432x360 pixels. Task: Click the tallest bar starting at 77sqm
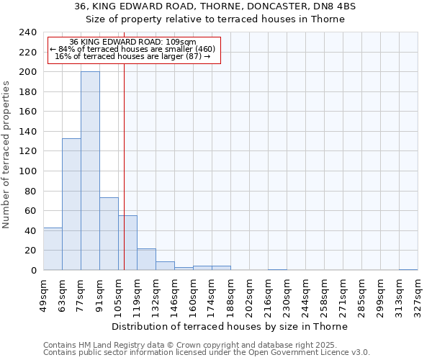pyautogui.click(x=90, y=171)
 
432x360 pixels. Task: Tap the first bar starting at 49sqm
pyautogui.click(x=53, y=248)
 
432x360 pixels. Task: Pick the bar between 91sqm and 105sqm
pyautogui.click(x=109, y=233)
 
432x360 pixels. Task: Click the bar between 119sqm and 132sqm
pyautogui.click(x=146, y=259)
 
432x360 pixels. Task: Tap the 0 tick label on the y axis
pyautogui.click(x=34, y=271)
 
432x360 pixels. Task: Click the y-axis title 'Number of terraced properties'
pyautogui.click(x=6, y=154)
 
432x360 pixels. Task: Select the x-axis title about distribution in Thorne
pyautogui.click(x=230, y=326)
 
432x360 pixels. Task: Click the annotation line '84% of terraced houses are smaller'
pyautogui.click(x=132, y=49)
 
